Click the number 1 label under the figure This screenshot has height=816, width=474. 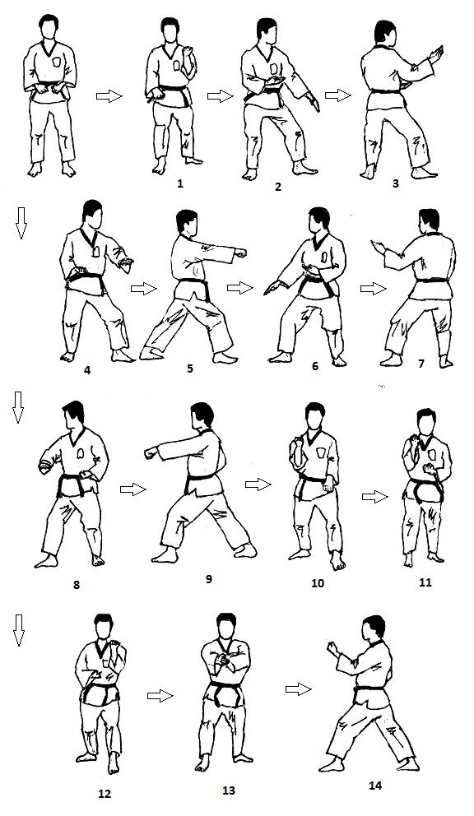pos(180,183)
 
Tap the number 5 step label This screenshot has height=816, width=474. pos(189,369)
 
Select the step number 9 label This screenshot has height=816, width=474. pos(209,578)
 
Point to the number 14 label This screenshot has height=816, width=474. pos(375,786)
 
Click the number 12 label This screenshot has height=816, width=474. pos(105,794)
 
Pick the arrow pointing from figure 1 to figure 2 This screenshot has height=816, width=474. pos(220,96)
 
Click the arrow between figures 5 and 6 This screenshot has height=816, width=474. pos(239,287)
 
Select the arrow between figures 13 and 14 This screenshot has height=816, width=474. pos(298,689)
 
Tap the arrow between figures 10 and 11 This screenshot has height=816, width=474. pos(375,497)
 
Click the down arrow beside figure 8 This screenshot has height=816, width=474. pos(18,407)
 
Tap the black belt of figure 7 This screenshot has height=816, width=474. pos(431,280)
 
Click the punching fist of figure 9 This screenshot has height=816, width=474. pos(151,452)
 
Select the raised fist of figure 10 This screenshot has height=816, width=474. pos(297,446)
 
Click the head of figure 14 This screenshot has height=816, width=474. pos(374,627)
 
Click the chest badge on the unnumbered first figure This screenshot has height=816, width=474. pos(57,62)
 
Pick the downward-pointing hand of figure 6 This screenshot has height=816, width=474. pos(271,287)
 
